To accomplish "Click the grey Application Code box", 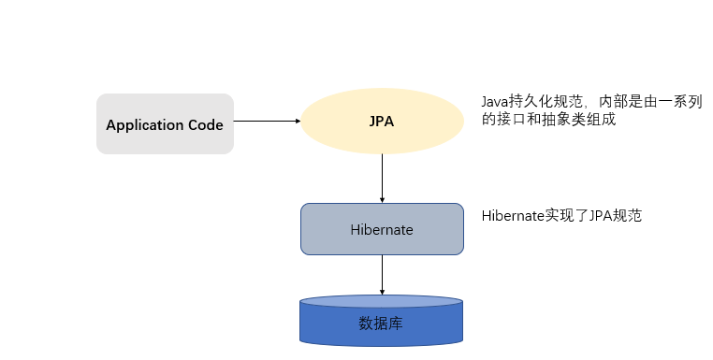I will [165, 123].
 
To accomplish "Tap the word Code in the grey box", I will [206, 124].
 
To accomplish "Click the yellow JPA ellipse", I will [382, 122].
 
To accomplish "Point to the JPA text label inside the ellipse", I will [382, 122].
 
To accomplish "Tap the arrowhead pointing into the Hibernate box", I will [382, 198].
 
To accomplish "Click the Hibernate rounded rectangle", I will [382, 229].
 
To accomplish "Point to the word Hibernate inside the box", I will [382, 229].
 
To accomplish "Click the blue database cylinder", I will [382, 323].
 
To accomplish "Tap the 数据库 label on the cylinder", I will [382, 324].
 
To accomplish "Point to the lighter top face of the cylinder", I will [382, 302].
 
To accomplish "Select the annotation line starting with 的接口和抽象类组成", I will [548, 121].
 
